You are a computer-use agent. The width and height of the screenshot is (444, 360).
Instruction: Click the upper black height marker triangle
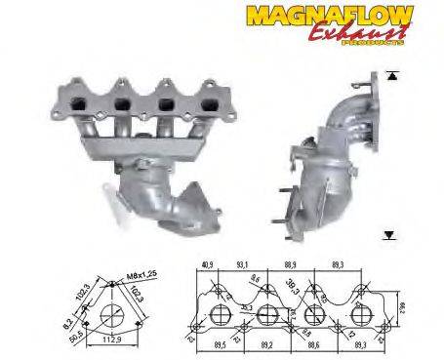[x=392, y=75]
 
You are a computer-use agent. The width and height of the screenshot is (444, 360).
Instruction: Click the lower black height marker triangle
[x=390, y=235]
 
